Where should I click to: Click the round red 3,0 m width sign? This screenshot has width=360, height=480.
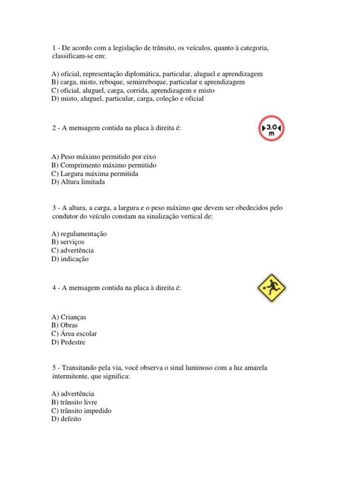(x=271, y=128)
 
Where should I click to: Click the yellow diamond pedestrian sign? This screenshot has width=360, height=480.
(x=271, y=287)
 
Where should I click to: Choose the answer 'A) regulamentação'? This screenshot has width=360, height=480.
(x=79, y=233)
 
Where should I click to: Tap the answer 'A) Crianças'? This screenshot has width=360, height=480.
(x=69, y=317)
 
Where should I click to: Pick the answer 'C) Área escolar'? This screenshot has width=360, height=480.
(x=75, y=334)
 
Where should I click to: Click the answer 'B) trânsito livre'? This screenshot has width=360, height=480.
(x=75, y=402)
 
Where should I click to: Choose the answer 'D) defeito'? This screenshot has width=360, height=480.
(x=67, y=419)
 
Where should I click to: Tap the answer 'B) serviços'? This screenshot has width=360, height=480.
(x=68, y=242)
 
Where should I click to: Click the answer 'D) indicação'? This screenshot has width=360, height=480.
(x=70, y=259)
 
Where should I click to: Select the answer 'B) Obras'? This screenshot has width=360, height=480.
(x=65, y=325)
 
